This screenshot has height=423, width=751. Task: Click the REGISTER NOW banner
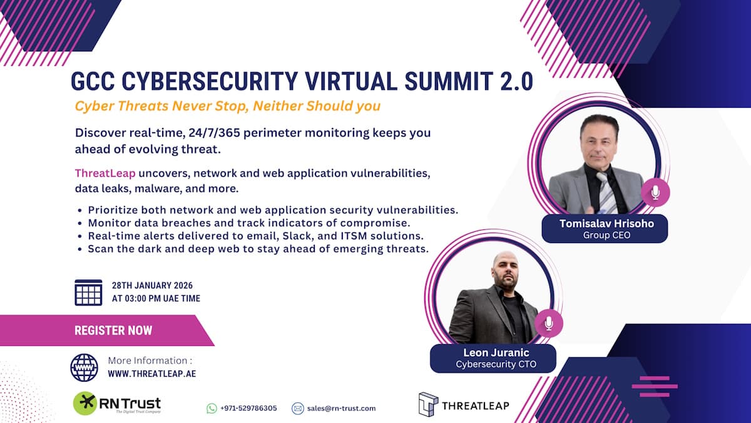point(113,330)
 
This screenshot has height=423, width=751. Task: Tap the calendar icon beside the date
point(88,292)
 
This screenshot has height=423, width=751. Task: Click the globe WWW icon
point(84,367)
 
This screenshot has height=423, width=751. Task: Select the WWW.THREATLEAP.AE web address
point(152,373)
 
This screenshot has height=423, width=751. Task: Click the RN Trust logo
point(116,404)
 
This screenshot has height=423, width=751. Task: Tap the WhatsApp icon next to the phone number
point(212,408)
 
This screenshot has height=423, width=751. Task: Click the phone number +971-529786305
point(248,408)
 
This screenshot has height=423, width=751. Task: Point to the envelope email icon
point(298,408)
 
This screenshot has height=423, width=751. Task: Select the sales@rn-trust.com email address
point(342,408)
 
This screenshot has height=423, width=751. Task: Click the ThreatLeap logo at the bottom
point(464,405)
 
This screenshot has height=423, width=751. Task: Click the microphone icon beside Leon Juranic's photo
point(548,323)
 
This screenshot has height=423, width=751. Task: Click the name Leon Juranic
point(493,353)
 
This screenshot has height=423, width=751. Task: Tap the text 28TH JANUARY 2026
point(152,286)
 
